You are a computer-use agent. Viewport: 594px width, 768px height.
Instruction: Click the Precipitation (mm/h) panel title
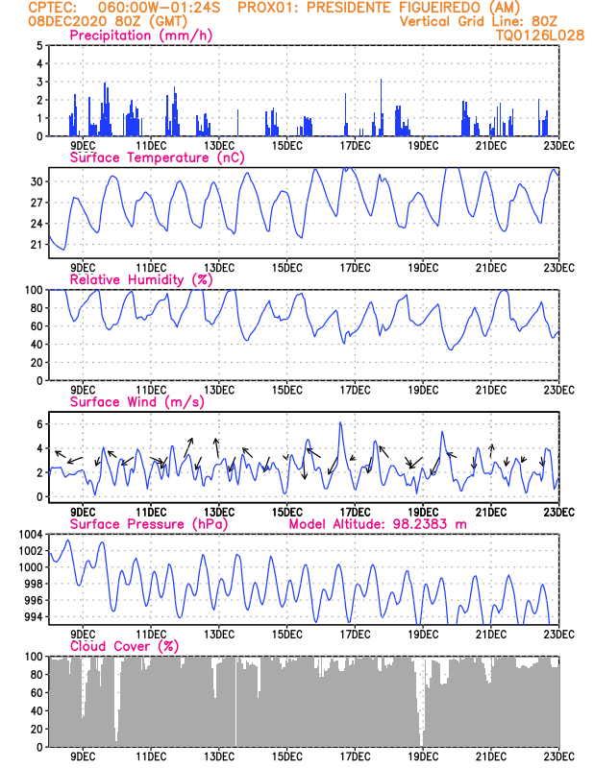[141, 36]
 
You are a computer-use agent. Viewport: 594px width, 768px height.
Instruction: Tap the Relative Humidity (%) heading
[140, 279]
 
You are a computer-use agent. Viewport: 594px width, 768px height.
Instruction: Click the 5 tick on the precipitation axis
[38, 45]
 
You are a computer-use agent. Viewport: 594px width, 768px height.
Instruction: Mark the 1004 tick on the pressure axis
[28, 534]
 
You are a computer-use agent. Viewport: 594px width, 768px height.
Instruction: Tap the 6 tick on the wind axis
[38, 423]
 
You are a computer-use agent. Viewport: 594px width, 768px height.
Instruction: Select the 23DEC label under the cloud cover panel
[558, 757]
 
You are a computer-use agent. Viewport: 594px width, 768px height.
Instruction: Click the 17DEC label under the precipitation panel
[355, 146]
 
